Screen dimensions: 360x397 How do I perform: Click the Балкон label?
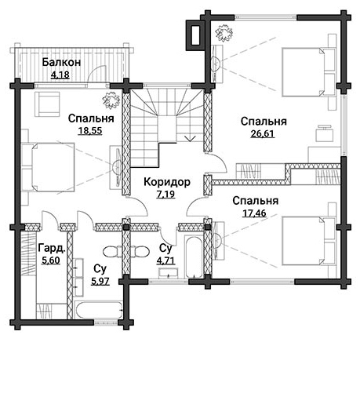(61, 62)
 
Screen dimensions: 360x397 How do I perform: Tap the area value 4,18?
(60, 75)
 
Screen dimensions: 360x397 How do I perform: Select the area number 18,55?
(90, 130)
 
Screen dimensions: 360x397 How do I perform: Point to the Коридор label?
(167, 182)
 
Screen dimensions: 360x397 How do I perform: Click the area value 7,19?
(165, 195)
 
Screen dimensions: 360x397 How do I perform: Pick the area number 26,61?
(262, 133)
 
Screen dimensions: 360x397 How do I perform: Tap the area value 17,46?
(254, 213)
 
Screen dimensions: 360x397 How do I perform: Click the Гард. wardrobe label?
(52, 248)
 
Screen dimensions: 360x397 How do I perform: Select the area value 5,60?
(51, 260)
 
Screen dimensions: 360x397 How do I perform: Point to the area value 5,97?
(100, 281)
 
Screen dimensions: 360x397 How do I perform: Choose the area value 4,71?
(165, 260)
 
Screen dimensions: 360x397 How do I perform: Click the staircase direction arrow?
(190, 138)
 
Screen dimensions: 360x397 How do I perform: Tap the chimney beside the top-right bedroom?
(195, 35)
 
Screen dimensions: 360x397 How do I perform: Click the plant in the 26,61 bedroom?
(224, 33)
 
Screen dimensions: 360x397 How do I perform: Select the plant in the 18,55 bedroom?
(111, 101)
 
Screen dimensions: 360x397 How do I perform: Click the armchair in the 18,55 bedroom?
(47, 104)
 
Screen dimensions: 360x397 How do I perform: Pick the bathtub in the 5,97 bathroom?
(99, 309)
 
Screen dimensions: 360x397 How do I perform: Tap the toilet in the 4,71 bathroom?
(140, 252)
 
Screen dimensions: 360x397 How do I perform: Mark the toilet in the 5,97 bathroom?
(112, 252)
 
